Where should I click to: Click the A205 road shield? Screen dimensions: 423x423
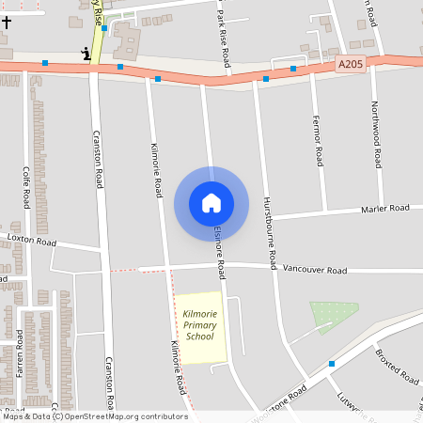pos(348,64)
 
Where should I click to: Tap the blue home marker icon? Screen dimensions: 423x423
pos(211,203)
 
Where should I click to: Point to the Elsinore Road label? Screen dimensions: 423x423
pos(218,251)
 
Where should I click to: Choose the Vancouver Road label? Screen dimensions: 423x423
pos(315,270)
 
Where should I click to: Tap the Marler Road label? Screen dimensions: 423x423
pos(385,208)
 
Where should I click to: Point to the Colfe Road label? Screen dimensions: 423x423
pos(26,188)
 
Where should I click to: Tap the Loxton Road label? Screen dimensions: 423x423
pos(32,242)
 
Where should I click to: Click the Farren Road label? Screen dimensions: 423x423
pos(19,352)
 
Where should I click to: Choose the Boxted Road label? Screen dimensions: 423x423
pos(397,367)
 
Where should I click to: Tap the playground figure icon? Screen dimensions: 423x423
pos(87,54)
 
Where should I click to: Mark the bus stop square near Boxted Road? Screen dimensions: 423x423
pos(332,363)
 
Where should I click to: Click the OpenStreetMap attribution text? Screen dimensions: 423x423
pos(94,416)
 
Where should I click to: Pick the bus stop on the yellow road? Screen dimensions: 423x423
pos(104,29)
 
